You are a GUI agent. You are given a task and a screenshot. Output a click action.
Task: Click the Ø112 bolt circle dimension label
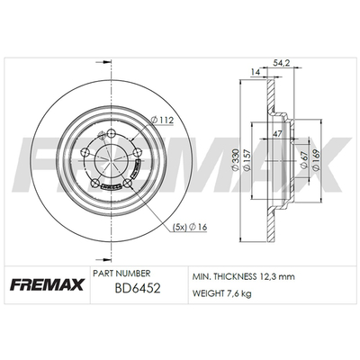(163, 121)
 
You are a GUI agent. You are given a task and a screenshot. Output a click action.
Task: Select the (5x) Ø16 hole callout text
(190, 227)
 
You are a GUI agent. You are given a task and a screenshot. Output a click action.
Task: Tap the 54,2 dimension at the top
(281, 63)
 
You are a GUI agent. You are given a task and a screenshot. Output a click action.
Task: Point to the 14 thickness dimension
(256, 72)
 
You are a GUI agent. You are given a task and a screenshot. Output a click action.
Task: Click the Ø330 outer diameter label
(236, 160)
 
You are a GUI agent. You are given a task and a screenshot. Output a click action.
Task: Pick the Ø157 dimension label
(247, 160)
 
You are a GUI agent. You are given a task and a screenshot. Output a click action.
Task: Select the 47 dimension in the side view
(277, 134)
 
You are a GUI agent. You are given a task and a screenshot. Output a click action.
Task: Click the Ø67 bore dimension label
(304, 160)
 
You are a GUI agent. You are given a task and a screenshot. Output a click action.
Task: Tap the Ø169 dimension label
(316, 160)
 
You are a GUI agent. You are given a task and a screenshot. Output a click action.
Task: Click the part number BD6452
(138, 289)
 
